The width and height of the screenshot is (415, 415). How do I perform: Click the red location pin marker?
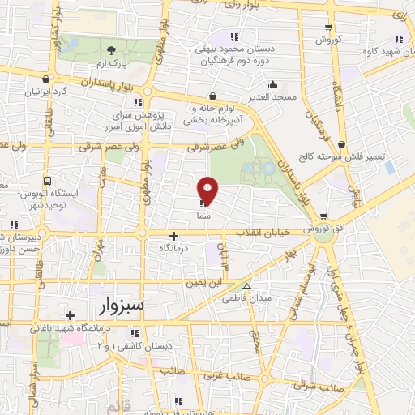click(x=208, y=190)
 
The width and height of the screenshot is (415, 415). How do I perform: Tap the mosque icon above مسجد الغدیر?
click(x=274, y=85)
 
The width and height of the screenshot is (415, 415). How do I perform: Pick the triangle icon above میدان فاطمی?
click(x=247, y=286)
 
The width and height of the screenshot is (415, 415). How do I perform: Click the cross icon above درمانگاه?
click(x=174, y=236)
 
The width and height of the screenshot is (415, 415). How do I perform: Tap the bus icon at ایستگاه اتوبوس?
click(x=48, y=181)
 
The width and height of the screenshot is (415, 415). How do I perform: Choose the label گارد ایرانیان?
click(x=43, y=92)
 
